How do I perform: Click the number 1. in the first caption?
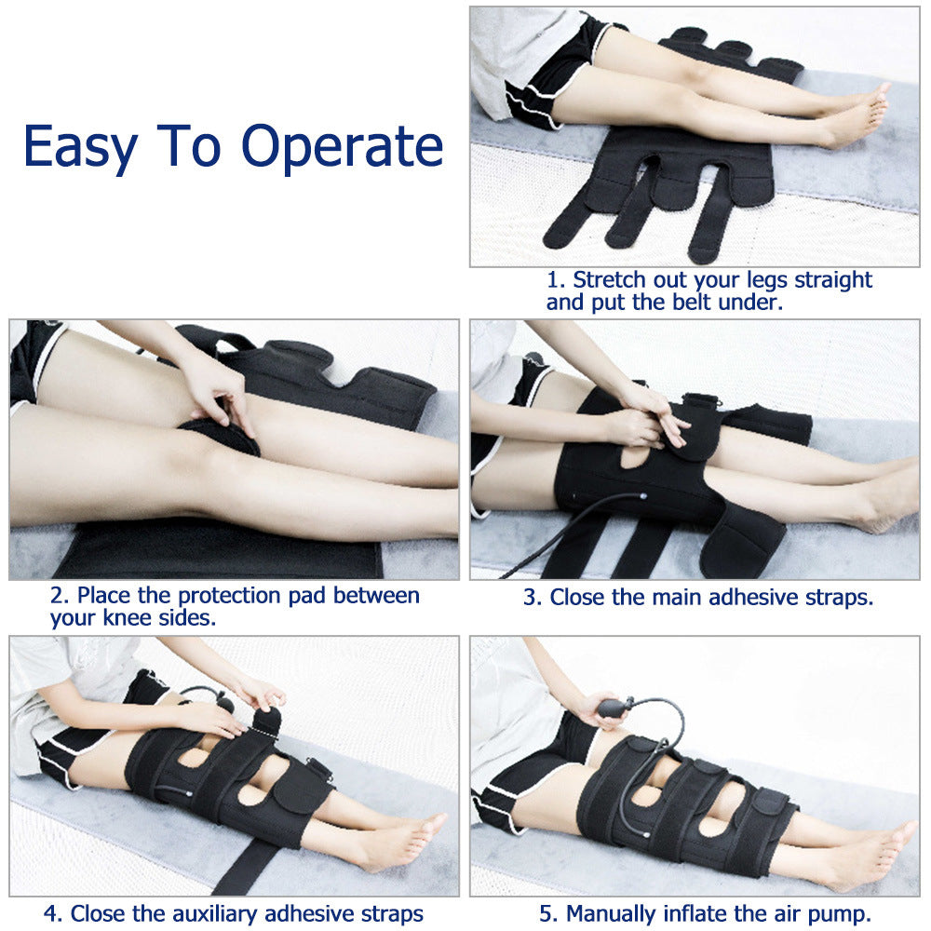pyautogui.click(x=556, y=279)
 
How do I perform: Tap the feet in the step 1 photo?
pyautogui.click(x=857, y=116)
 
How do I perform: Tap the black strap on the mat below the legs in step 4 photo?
pyautogui.click(x=242, y=870)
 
